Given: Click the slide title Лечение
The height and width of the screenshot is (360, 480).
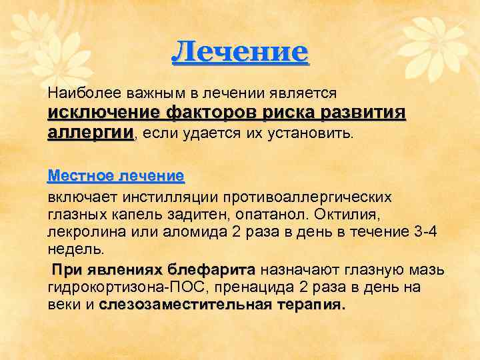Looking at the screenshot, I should pyautogui.click(x=240, y=51).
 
